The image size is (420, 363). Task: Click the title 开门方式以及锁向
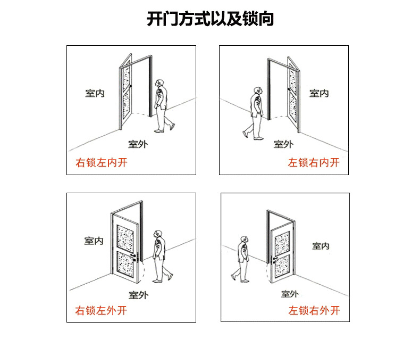[210, 19]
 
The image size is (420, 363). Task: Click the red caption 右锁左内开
[102, 163]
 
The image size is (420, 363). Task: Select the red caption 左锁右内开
[314, 163]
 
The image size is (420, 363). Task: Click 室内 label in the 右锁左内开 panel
[95, 93]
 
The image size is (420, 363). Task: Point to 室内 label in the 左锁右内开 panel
[319, 93]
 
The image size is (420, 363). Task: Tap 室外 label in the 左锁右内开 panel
[283, 144]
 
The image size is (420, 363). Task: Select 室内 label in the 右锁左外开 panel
[94, 241]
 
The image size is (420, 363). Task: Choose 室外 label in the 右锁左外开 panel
[138, 294]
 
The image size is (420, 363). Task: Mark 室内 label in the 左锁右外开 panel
[321, 246]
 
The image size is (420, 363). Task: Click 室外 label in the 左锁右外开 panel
[290, 294]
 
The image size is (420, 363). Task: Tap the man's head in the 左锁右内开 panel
[257, 91]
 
